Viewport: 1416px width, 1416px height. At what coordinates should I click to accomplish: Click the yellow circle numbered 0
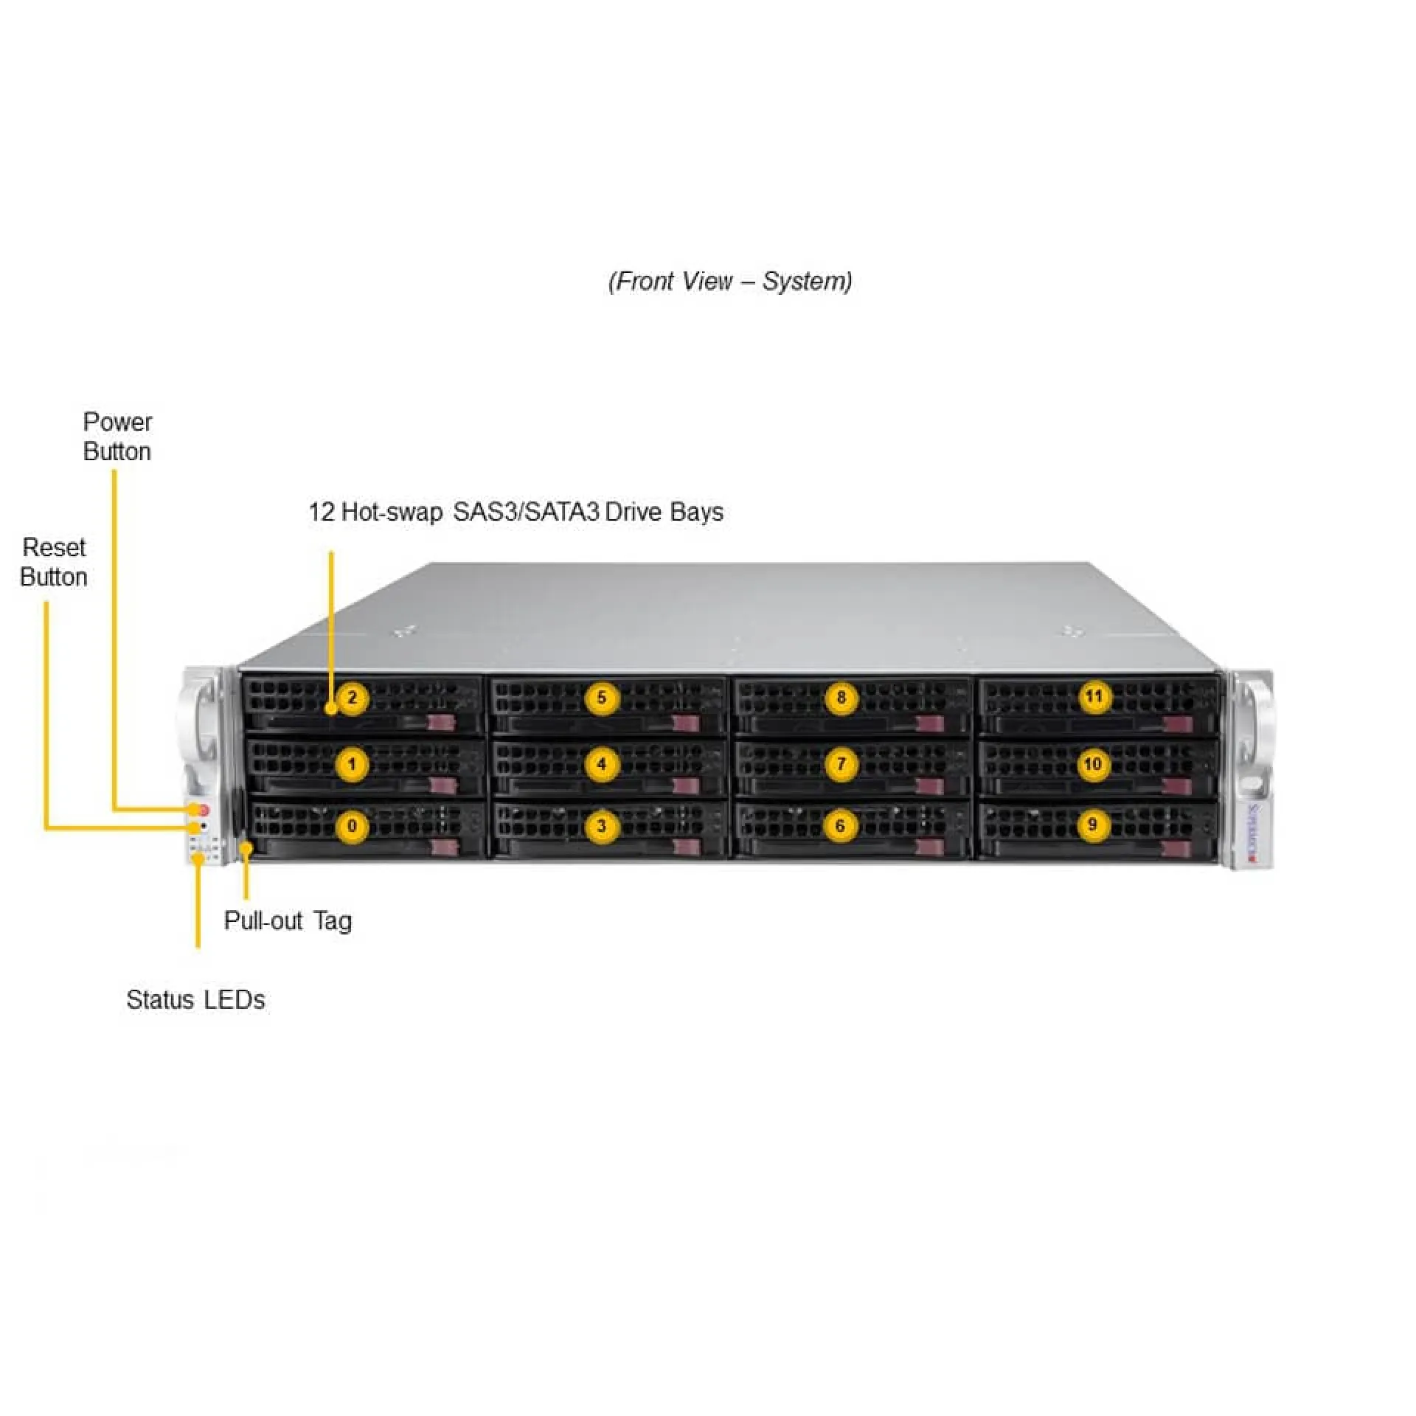352,825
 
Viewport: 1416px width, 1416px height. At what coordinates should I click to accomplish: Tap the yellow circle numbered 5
601,698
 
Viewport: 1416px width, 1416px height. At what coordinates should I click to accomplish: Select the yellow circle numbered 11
1094,696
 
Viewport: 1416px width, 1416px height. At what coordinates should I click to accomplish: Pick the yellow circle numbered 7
841,763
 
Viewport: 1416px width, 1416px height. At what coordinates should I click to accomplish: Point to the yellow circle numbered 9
1092,824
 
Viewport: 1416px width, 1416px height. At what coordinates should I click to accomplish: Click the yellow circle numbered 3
601,825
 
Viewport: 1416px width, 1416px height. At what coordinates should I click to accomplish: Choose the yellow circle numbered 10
1093,763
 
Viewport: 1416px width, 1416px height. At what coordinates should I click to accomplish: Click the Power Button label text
117,437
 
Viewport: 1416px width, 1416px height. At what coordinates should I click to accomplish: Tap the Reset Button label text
54,562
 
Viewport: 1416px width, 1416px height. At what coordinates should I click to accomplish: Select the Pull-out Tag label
288,920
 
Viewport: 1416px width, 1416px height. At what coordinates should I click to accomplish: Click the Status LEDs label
195,999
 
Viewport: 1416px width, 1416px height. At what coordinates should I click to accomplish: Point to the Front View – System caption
730,281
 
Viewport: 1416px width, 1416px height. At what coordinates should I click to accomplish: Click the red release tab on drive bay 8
931,723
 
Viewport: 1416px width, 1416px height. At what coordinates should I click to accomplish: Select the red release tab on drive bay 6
929,848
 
